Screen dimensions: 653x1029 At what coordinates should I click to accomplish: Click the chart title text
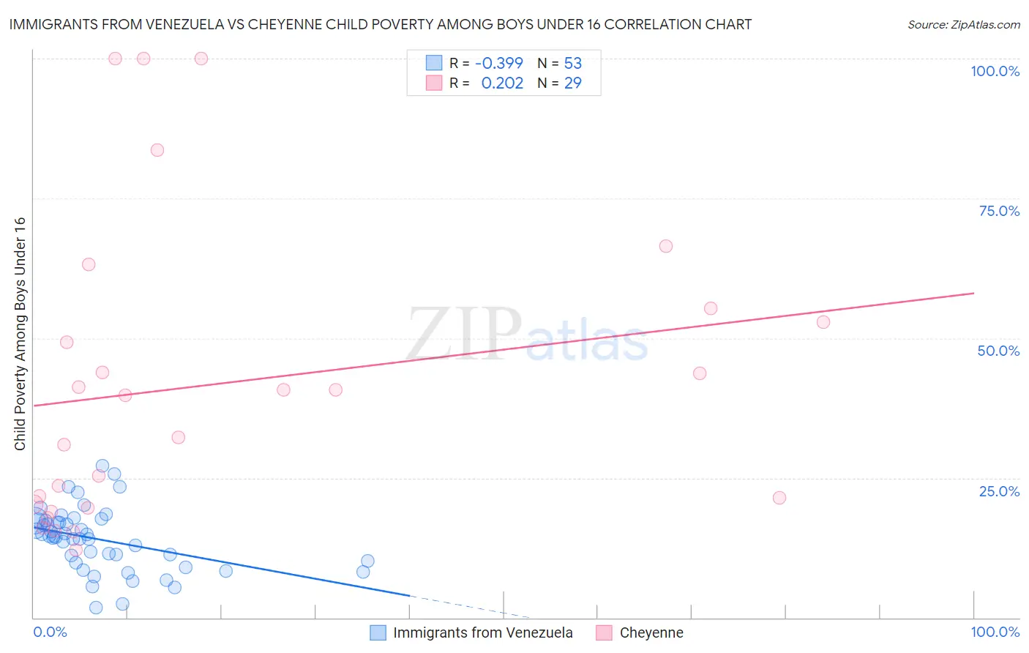(380, 25)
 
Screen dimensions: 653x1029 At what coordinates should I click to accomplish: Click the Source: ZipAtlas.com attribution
(963, 25)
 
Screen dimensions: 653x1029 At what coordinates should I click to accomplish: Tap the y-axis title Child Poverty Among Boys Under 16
(20, 334)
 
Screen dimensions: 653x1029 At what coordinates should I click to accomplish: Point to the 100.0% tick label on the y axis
(995, 71)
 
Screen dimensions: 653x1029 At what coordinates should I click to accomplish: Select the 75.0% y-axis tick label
(999, 211)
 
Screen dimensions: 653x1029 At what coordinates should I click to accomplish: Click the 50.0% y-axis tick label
(998, 351)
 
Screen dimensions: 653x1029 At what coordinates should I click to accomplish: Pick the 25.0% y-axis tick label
(999, 491)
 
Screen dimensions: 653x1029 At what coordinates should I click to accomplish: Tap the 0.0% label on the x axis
(50, 632)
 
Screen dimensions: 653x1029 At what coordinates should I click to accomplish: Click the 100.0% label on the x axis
(995, 632)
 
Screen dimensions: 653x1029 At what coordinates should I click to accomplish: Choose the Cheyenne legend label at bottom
(651, 633)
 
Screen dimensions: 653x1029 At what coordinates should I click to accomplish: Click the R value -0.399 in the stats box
(498, 64)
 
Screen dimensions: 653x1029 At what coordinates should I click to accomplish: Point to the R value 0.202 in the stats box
(502, 83)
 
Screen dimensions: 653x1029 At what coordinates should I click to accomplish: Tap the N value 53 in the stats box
(572, 64)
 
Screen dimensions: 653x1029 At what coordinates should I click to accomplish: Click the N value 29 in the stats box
(572, 83)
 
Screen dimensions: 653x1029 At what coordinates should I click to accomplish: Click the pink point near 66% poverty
(666, 246)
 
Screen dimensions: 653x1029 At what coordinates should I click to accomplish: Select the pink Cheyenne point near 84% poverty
(157, 150)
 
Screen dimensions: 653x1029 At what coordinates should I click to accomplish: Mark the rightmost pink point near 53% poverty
(823, 322)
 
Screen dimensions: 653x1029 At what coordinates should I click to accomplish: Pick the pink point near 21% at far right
(779, 498)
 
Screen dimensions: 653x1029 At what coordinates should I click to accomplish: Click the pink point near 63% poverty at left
(89, 264)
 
